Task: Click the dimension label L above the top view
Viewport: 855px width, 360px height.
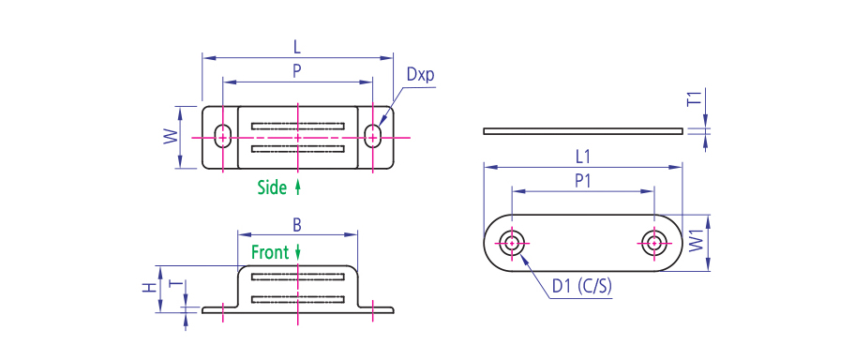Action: (297, 47)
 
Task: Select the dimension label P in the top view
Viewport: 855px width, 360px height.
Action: (297, 71)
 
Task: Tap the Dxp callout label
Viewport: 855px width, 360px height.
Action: (420, 76)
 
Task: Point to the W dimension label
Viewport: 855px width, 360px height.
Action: (172, 137)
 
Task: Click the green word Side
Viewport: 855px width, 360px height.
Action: (272, 187)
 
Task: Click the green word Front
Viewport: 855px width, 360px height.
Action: (270, 252)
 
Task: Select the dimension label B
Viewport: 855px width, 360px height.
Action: (297, 224)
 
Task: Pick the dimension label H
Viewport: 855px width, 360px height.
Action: (148, 287)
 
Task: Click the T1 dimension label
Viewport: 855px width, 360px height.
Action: (694, 99)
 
